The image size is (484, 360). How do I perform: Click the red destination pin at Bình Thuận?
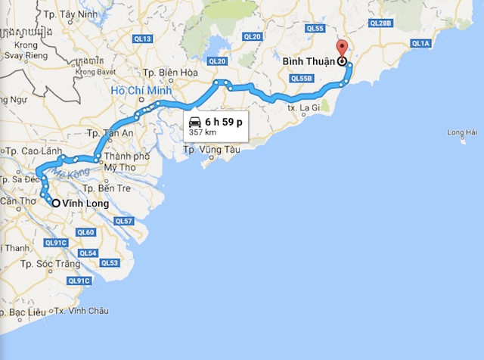(341, 48)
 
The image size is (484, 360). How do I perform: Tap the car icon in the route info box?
(195, 122)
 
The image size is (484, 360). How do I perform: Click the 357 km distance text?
(203, 132)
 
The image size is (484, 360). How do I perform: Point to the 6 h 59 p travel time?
(224, 121)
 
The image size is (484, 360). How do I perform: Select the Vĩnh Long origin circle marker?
(56, 203)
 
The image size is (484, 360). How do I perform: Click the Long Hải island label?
(462, 134)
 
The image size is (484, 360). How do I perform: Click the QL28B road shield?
(381, 23)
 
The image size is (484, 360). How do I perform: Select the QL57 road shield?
(123, 221)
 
